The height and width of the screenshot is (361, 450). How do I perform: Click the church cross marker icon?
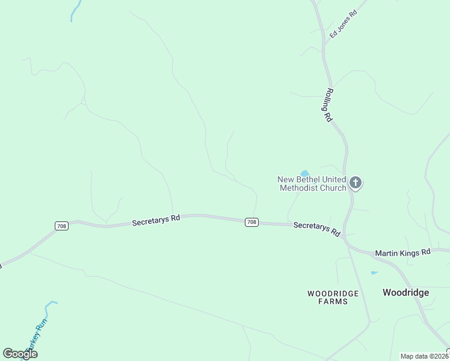point(356,182)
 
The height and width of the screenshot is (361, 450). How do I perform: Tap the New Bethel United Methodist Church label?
point(312,184)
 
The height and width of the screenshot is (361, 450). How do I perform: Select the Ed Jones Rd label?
point(344,24)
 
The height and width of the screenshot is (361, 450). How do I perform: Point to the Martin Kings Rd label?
point(402,253)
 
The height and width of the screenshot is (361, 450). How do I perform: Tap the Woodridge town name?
point(406,292)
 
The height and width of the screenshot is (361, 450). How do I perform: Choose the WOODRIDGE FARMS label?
point(333,297)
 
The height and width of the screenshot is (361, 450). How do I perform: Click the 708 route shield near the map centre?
point(251,222)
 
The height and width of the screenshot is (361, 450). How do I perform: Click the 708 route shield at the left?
point(61,226)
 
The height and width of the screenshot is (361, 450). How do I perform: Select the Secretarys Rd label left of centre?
point(156,220)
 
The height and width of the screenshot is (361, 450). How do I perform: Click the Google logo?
point(20,354)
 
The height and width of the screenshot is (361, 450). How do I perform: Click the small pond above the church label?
point(304,174)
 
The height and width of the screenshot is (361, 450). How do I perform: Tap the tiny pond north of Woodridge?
point(374,273)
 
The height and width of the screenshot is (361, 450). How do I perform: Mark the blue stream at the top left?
point(75,10)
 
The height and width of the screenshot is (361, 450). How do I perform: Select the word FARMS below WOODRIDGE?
point(333,301)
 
